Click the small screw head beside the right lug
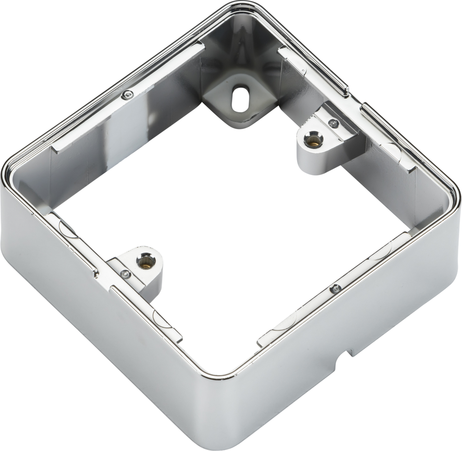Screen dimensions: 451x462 pos(334,123)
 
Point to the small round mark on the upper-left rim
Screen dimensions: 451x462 pos(128,94)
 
